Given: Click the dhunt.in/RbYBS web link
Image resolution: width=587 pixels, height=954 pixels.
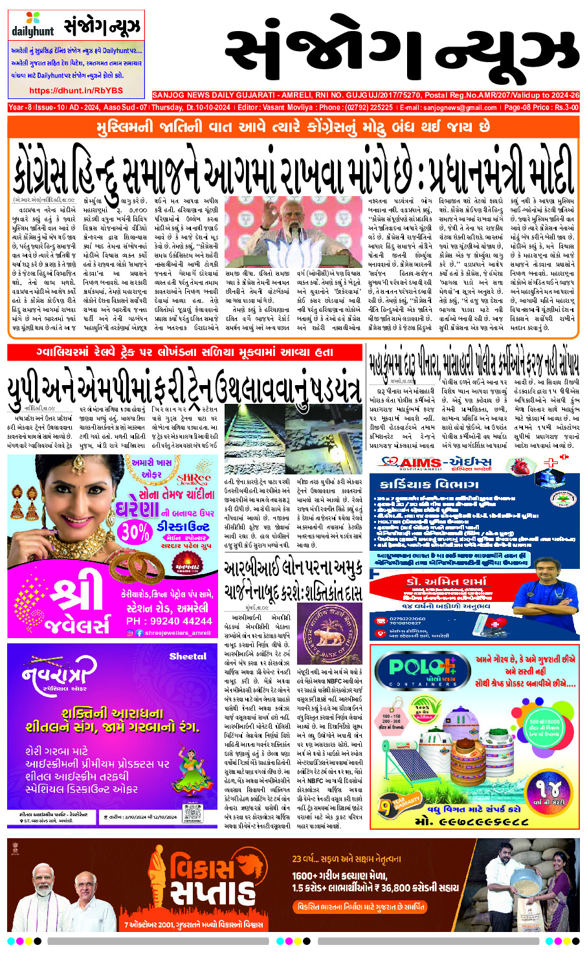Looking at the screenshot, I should [x=76, y=91].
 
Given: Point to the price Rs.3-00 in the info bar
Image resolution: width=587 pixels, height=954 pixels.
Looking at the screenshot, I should [x=562, y=107].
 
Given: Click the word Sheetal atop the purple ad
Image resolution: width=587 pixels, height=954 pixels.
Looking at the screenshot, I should [x=187, y=656].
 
